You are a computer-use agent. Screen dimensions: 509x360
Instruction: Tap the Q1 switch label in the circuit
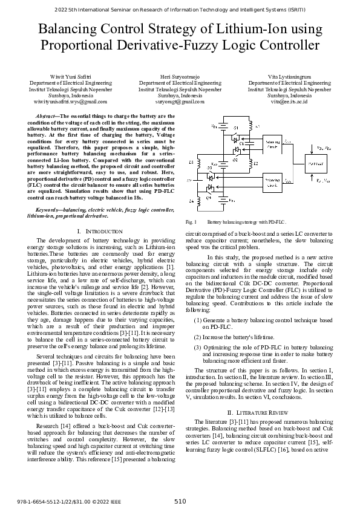click(x=236, y=128)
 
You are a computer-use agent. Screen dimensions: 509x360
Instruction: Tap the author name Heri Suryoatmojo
click(x=180, y=77)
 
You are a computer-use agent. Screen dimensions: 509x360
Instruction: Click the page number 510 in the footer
click(x=180, y=501)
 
